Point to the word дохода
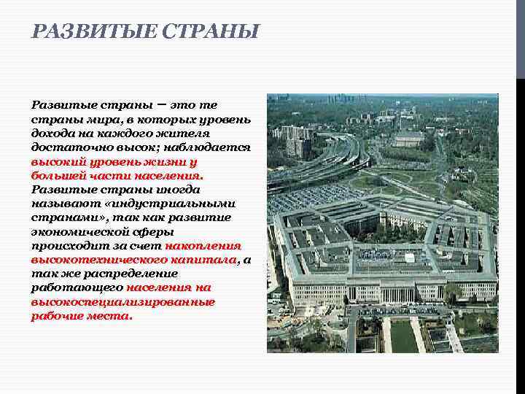click(x=52, y=134)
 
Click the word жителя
click(x=187, y=134)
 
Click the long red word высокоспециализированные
click(x=123, y=302)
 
